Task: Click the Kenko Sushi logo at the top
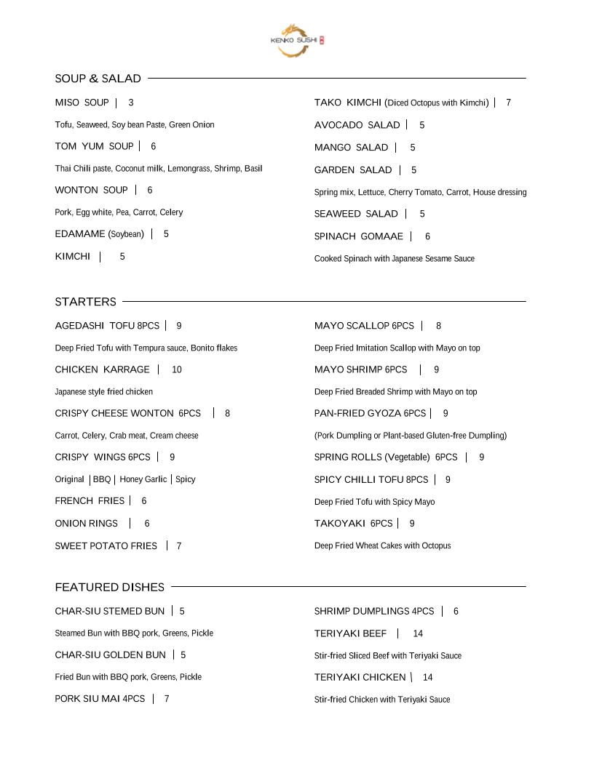(x=297, y=40)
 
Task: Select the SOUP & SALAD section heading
(x=98, y=79)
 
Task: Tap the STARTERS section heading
(x=85, y=302)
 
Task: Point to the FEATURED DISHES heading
(x=110, y=587)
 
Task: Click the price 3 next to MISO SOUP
(x=131, y=103)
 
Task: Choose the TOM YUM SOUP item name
(x=95, y=146)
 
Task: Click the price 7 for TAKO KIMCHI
(x=509, y=103)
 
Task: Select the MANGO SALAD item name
(x=352, y=148)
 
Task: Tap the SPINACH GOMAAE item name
(x=359, y=236)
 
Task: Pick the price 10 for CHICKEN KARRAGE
(x=177, y=369)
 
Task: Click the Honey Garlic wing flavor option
(x=143, y=479)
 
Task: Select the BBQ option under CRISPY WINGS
(x=102, y=479)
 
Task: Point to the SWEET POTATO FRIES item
(x=106, y=545)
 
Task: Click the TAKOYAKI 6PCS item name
(x=354, y=524)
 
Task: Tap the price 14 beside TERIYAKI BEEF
(x=418, y=633)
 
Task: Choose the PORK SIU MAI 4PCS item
(x=100, y=699)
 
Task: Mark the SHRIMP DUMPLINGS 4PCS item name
(x=374, y=611)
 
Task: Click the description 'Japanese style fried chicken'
(x=104, y=392)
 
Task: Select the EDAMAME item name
(x=100, y=234)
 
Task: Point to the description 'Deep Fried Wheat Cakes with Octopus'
(x=383, y=546)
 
